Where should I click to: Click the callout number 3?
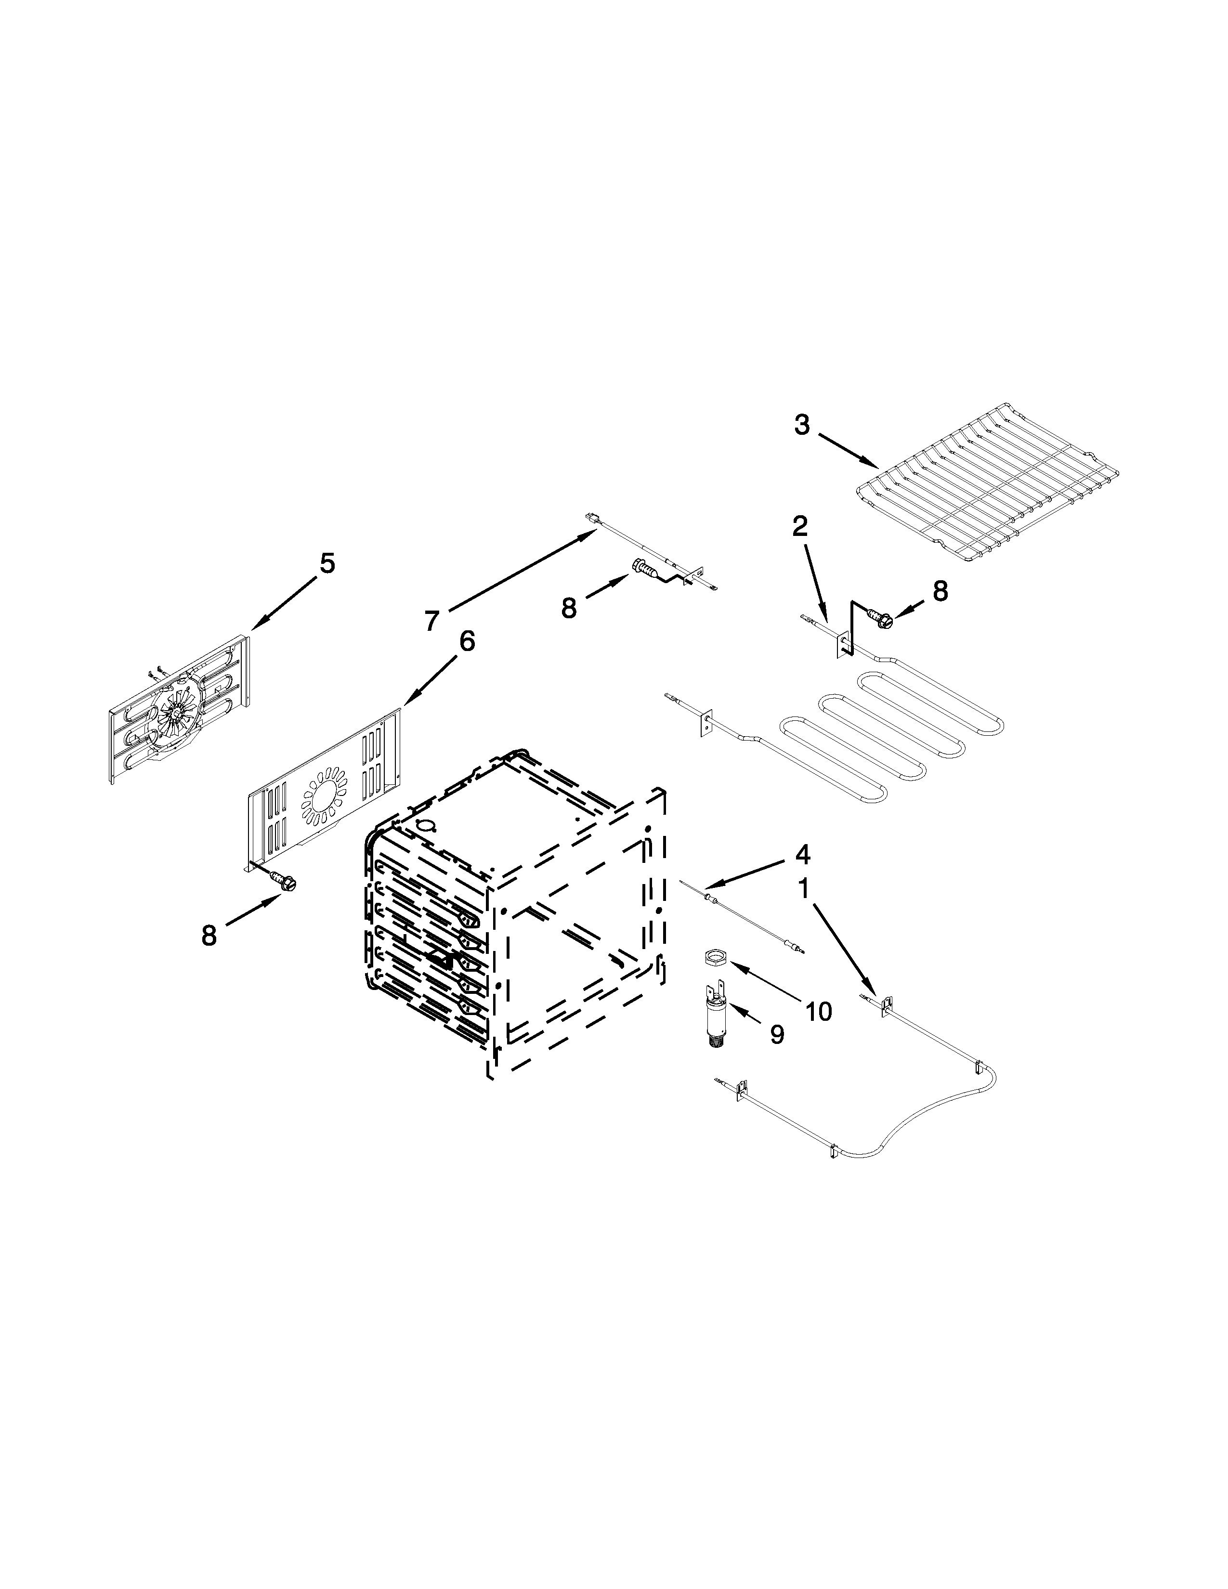tap(801, 424)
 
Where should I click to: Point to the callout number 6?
tap(466, 641)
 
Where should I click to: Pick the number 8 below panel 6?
tap(209, 936)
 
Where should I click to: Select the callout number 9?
tap(776, 1035)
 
